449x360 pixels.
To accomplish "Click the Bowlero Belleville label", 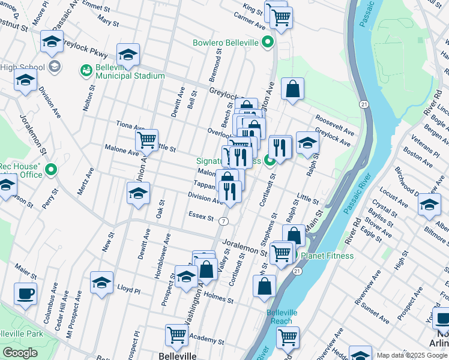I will pos(225,43).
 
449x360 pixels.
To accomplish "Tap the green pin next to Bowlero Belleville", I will pos(268,43).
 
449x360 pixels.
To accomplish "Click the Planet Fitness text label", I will pos(327,256).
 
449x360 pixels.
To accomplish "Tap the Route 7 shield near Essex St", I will pos(223,221).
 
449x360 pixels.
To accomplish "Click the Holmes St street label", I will pos(218,296).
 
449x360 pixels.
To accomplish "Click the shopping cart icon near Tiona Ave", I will pos(146,141).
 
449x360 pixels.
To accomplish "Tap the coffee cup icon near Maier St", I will pos(25,294).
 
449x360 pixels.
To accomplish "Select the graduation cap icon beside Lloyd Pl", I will pos(102,283).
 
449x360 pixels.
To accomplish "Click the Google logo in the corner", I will pos(20,353).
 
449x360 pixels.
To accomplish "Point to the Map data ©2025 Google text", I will pos(412,355).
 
